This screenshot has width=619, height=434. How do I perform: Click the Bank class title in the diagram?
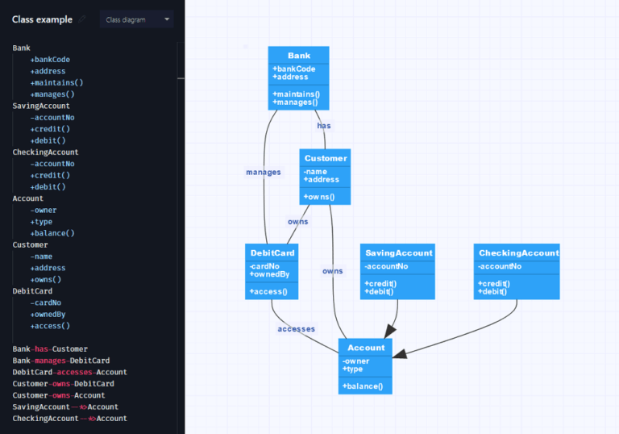[298, 56]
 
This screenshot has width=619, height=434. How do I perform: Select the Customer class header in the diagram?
[326, 158]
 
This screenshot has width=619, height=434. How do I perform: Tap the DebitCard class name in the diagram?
[272, 252]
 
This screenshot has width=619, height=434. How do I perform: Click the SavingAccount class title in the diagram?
[397, 252]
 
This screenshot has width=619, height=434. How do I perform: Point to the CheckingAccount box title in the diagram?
[517, 252]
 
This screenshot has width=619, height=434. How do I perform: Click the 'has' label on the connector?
[323, 126]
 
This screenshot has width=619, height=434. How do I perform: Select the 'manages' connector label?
[264, 172]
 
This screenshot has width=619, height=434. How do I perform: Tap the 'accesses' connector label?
[296, 328]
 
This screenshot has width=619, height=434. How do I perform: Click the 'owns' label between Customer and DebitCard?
[297, 221]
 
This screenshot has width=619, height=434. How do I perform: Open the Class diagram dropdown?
[138, 19]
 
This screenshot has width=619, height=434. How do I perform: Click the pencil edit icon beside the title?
[82, 19]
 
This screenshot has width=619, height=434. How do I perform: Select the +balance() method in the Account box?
[363, 386]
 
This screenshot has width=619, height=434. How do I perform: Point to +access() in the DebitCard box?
[268, 291]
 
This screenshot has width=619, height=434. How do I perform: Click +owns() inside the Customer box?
[319, 196]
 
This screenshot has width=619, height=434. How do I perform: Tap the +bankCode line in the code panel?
[50, 60]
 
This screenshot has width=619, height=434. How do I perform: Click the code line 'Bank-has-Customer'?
[50, 349]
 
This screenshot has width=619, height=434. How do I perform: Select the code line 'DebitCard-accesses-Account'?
[69, 372]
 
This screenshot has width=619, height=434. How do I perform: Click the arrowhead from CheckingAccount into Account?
[400, 353]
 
